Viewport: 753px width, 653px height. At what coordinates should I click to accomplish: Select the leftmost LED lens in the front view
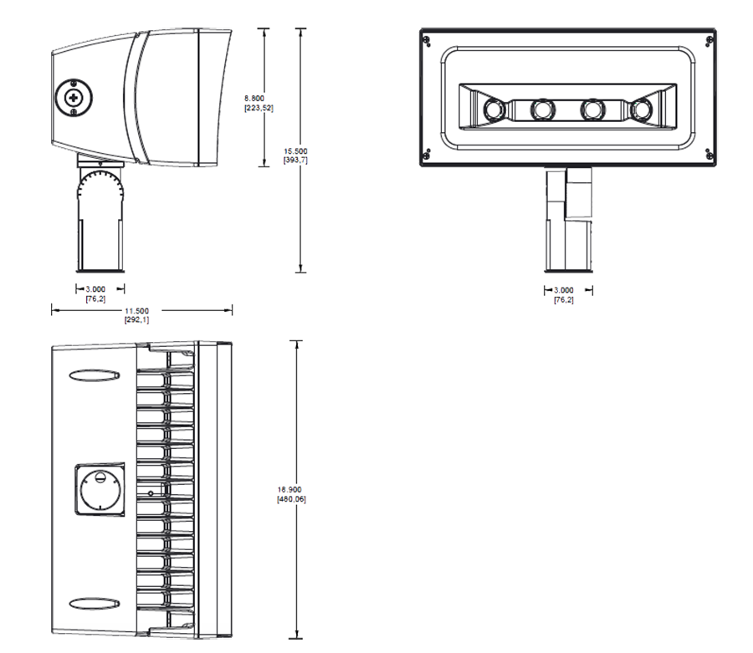click(x=493, y=109)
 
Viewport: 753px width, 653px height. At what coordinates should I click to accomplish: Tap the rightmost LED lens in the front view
click(x=643, y=109)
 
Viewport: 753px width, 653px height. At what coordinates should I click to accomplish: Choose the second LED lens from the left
click(x=543, y=109)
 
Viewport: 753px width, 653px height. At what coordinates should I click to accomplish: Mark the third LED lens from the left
click(x=593, y=109)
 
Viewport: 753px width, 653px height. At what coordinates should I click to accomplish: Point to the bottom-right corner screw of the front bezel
click(x=709, y=154)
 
